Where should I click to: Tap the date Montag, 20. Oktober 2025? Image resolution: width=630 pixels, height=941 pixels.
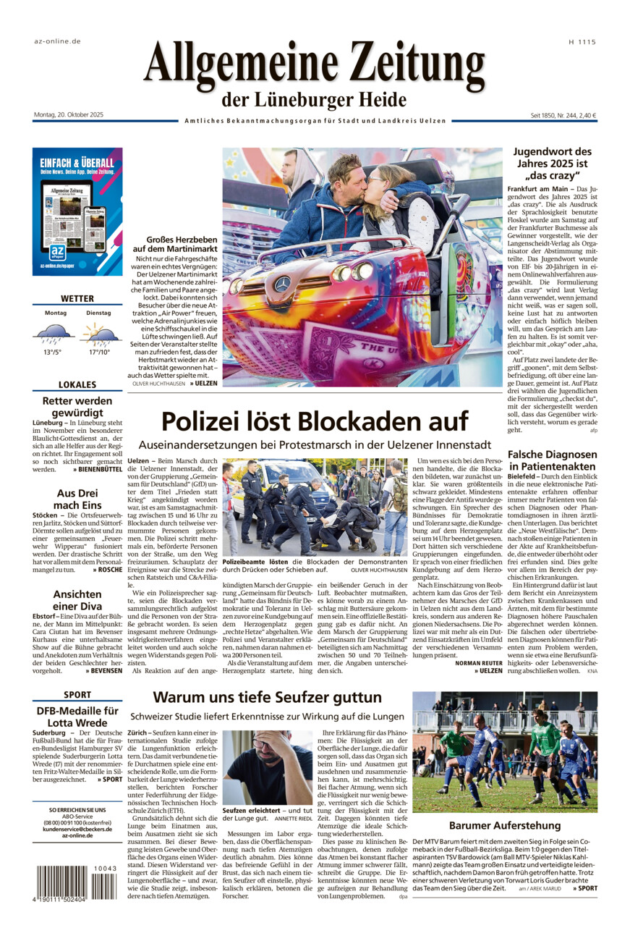(x=69, y=115)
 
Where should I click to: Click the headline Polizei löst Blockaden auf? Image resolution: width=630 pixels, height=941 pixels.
(x=314, y=421)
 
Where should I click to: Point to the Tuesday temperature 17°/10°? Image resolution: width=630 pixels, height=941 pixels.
(x=98, y=352)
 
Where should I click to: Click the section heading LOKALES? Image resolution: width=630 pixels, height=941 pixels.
(x=77, y=384)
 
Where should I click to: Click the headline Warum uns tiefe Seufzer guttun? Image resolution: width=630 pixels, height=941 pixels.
(x=267, y=697)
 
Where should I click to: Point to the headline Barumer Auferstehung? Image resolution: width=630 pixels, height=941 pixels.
(x=504, y=825)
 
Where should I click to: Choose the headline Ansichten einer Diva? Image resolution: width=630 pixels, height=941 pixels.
(x=77, y=600)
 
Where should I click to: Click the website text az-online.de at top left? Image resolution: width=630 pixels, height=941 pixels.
(x=57, y=41)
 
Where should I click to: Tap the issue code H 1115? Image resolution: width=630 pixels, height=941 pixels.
(x=582, y=42)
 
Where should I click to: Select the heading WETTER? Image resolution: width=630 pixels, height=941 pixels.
(x=77, y=298)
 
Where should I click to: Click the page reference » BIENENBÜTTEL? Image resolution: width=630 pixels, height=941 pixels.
(x=97, y=469)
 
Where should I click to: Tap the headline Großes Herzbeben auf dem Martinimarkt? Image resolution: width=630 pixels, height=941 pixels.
(x=175, y=244)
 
